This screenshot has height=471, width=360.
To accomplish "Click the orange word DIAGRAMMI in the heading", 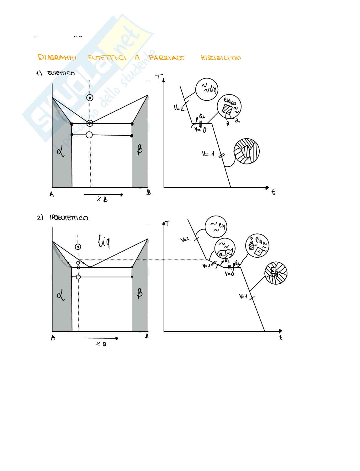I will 57,57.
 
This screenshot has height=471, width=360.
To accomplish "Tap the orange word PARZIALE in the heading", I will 167,58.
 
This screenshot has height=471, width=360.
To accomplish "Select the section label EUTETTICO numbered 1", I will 61,73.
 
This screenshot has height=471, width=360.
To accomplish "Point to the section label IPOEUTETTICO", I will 69,218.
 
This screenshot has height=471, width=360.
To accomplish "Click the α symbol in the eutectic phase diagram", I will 61,152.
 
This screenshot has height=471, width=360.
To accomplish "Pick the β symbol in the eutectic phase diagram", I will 140,150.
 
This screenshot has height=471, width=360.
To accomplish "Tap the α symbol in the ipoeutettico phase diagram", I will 61,295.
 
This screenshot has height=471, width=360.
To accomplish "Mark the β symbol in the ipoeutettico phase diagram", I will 140,294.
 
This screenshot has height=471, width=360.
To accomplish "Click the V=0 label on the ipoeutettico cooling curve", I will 229,274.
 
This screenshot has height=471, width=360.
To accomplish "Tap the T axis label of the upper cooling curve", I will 160,78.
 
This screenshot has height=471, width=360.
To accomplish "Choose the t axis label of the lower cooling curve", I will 281,338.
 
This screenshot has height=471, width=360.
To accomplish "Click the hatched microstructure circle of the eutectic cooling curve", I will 247,151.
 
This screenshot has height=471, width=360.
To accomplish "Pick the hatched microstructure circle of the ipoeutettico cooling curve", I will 276,273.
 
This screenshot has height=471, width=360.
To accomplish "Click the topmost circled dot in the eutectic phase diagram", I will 90,98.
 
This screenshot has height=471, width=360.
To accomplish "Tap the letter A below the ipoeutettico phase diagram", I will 53,338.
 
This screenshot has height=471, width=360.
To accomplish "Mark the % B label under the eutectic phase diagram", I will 102,199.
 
